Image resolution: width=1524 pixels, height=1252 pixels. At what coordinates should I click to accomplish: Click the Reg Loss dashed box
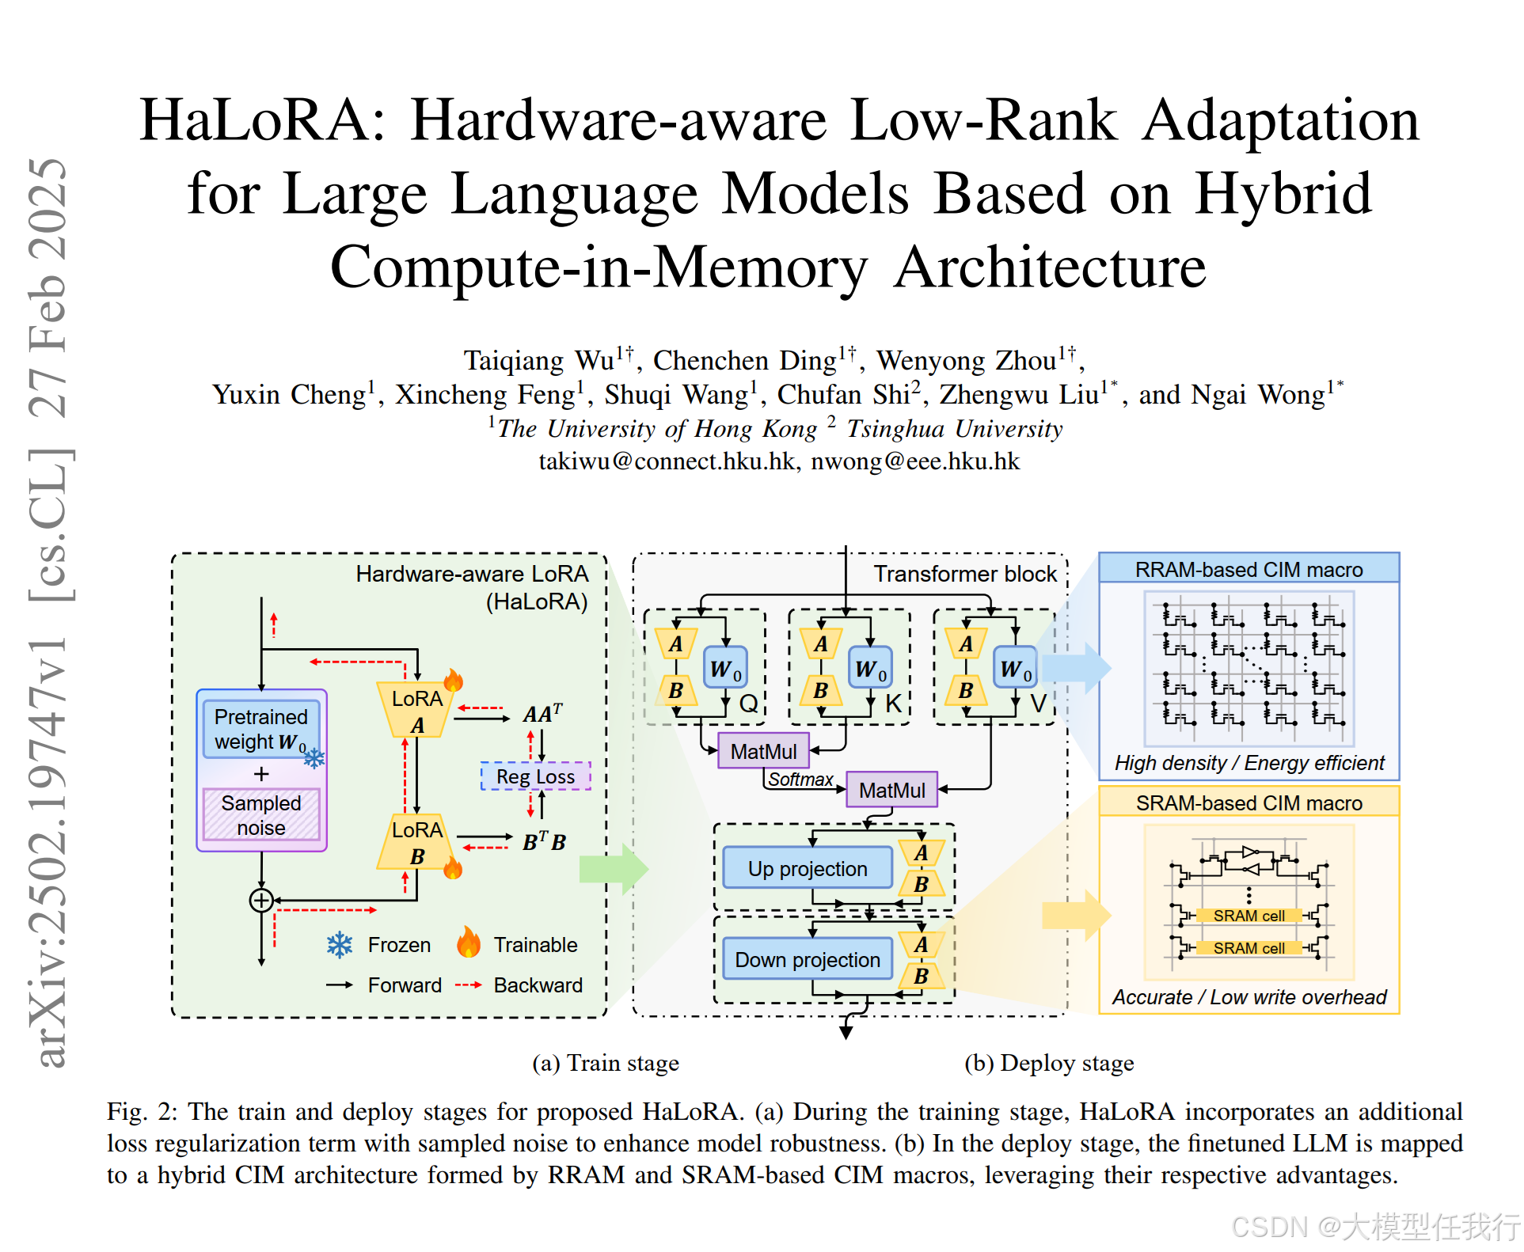pyautogui.click(x=535, y=776)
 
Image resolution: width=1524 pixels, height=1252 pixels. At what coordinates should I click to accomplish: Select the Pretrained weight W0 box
pyautogui.click(x=261, y=729)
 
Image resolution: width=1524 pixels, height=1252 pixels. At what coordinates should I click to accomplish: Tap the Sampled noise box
pyautogui.click(x=261, y=815)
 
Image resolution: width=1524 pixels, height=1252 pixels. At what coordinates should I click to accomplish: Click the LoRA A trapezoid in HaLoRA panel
pyautogui.click(x=417, y=710)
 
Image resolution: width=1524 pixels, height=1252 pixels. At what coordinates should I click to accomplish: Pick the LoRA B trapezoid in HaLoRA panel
pyautogui.click(x=417, y=842)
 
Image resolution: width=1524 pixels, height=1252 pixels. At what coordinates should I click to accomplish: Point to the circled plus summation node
pyautogui.click(x=261, y=900)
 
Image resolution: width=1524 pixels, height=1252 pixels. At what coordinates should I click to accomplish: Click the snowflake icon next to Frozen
pyautogui.click(x=340, y=945)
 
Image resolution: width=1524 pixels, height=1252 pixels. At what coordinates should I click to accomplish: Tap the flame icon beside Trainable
pyautogui.click(x=469, y=943)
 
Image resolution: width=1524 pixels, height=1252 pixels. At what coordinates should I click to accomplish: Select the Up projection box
pyautogui.click(x=808, y=868)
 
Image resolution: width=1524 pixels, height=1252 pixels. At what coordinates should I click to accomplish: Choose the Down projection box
pyautogui.click(x=808, y=959)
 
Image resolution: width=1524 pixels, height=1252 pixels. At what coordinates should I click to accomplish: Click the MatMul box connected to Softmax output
pyautogui.click(x=891, y=790)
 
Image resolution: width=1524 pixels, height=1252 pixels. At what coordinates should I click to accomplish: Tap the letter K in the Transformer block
pyautogui.click(x=893, y=704)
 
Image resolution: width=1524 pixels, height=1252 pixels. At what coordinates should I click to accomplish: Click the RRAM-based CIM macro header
pyautogui.click(x=1248, y=569)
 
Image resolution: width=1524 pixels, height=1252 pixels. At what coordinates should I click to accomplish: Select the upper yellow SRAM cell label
pyautogui.click(x=1248, y=916)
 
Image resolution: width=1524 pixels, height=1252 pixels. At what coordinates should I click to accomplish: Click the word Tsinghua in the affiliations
pyautogui.click(x=895, y=428)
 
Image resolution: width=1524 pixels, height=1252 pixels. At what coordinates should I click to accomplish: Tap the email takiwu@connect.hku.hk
pyautogui.click(x=667, y=461)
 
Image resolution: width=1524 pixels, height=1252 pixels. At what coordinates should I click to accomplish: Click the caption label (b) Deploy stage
pyautogui.click(x=1049, y=1063)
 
